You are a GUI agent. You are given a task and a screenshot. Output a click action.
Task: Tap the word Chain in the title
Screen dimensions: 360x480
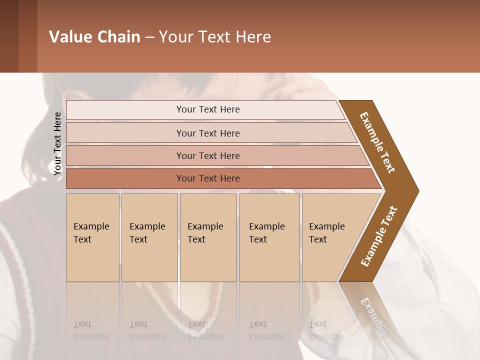[x=118, y=37]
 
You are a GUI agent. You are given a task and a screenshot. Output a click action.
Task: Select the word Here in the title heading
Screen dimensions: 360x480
[x=253, y=37]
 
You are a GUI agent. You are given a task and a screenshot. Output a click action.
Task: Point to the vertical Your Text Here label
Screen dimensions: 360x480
[x=57, y=143]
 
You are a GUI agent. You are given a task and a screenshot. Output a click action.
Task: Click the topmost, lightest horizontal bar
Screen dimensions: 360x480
[x=205, y=109]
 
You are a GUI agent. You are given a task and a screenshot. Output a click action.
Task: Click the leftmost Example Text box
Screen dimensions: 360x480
[x=92, y=237]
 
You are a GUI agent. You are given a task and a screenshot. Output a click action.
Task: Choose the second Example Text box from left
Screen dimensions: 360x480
[x=149, y=237]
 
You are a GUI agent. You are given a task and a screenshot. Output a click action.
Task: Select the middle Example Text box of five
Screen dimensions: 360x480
[x=208, y=237]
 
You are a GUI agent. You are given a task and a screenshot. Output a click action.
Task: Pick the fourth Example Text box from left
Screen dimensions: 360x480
[x=269, y=237]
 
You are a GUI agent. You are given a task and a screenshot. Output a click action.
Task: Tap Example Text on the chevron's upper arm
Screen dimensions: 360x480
[x=377, y=142]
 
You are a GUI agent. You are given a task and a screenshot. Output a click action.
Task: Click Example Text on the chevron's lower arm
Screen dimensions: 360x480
[x=379, y=236]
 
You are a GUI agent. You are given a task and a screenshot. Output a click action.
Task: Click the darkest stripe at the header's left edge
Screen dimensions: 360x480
[x=9, y=36]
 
